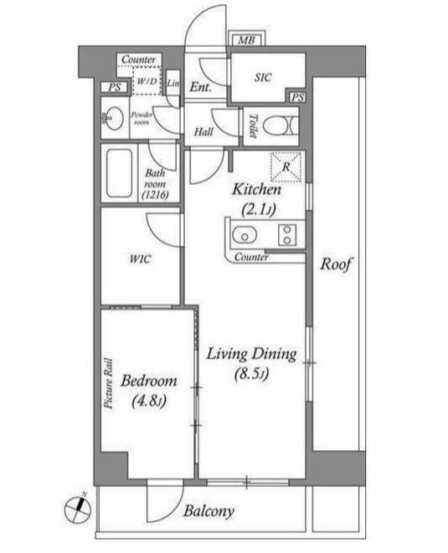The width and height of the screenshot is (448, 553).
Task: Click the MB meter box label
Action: (x=246, y=40)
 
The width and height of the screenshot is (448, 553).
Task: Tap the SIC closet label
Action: (x=263, y=77)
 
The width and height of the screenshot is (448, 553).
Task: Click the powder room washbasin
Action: (x=113, y=117)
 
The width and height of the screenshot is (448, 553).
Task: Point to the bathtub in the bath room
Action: (x=119, y=173)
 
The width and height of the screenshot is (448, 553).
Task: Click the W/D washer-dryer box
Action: (x=147, y=81)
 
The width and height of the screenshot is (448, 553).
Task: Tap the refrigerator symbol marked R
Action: (x=286, y=166)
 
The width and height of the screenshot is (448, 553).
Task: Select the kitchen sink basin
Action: (x=245, y=235)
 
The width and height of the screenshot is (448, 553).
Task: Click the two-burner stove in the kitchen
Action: (x=287, y=235)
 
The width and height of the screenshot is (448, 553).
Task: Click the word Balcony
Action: (x=209, y=511)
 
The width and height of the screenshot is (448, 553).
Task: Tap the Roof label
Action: (x=336, y=264)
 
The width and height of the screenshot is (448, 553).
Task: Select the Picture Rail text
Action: (x=108, y=383)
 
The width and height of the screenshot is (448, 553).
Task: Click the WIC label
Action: (x=140, y=259)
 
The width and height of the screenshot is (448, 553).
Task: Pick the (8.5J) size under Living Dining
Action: (x=252, y=374)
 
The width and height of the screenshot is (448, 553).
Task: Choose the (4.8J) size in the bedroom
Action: (x=148, y=401)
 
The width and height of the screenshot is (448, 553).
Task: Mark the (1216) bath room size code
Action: (x=155, y=195)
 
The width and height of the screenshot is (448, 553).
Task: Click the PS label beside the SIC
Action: (x=297, y=98)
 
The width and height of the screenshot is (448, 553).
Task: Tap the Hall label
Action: (x=203, y=132)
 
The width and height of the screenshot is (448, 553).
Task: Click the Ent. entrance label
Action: (x=200, y=87)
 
